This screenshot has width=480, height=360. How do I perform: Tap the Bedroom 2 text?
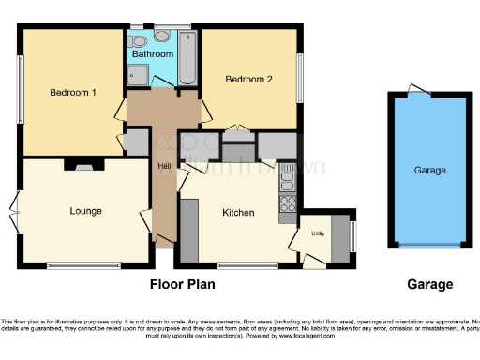point(248,80)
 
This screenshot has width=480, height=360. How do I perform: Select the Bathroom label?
point(152,54)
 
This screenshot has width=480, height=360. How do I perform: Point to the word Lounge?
point(85,210)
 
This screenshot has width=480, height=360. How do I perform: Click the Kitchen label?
point(238,213)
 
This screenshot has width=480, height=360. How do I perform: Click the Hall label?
point(164,166)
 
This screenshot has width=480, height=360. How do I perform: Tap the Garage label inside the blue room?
point(430,170)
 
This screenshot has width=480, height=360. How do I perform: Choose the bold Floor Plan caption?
point(184,283)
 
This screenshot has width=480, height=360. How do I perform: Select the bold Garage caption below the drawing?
point(429,284)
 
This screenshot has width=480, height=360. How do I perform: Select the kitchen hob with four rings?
point(288,202)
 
